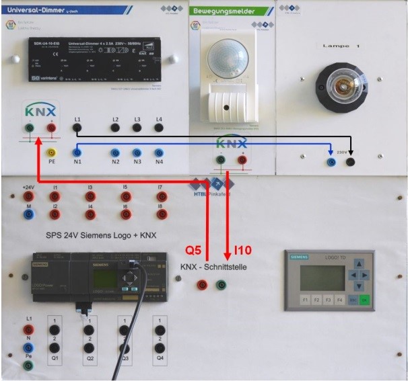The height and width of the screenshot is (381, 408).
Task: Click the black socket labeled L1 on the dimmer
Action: (77, 127)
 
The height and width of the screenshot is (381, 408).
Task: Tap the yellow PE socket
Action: (52, 153)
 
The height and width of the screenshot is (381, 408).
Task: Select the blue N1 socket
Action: (77, 153)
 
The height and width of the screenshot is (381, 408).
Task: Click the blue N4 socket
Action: (159, 153)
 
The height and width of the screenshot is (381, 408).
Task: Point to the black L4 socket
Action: (159, 127)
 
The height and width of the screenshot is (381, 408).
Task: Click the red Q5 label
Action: (194, 251)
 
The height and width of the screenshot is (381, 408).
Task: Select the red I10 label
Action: (242, 251)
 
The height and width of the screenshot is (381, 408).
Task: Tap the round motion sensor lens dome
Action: (230, 56)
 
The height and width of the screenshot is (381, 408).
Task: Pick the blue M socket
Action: (28, 214)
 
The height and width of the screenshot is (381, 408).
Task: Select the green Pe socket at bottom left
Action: (28, 365)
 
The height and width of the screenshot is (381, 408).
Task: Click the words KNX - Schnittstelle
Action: (213, 267)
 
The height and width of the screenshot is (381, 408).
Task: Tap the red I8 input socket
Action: (162, 215)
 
